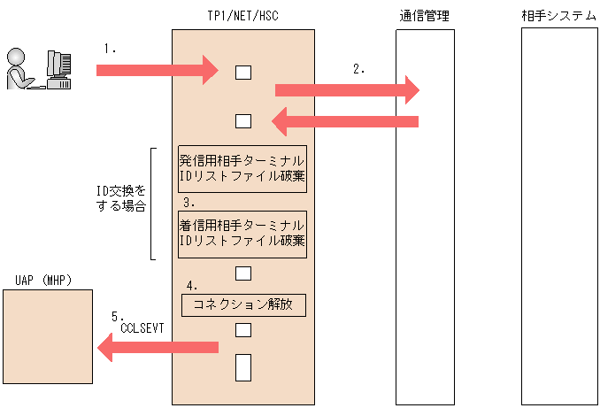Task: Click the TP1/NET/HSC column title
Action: (242, 16)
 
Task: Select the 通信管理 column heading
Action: (425, 16)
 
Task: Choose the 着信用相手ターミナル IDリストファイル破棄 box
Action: (242, 233)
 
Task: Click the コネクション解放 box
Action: (242, 305)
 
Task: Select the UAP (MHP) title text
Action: (43, 281)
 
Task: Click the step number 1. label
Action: (111, 50)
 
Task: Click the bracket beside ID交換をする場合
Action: (152, 204)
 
